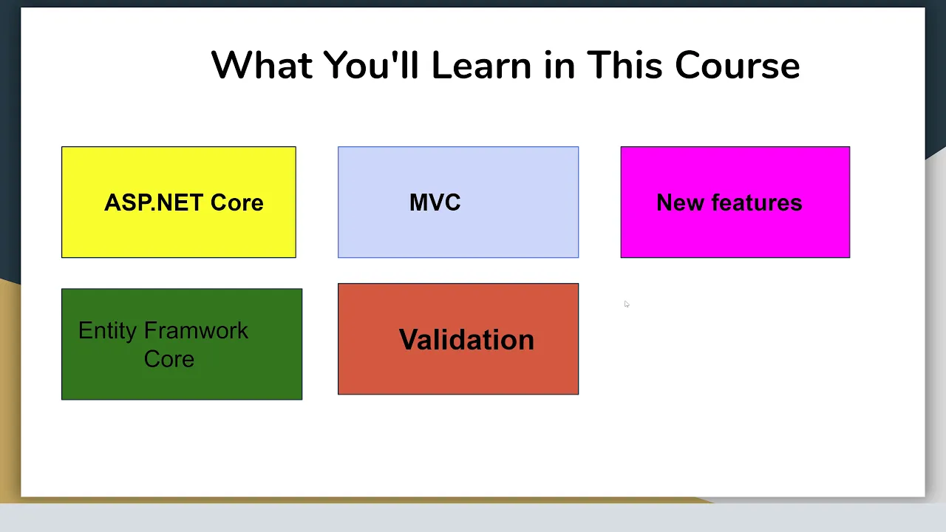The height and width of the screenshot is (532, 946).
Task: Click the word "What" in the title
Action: [262, 65]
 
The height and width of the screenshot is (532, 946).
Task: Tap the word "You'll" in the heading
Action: [371, 65]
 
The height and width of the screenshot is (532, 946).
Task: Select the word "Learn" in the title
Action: [481, 65]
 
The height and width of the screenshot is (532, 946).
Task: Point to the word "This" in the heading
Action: [625, 65]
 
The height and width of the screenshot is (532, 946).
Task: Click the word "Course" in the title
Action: [738, 66]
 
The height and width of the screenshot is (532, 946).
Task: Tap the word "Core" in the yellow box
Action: [237, 202]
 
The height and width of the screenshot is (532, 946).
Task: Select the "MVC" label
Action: [435, 202]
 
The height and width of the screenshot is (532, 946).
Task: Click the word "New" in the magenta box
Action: [681, 202]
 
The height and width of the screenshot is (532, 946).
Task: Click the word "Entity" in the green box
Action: [107, 330]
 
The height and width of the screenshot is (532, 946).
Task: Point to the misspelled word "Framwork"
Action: [196, 330]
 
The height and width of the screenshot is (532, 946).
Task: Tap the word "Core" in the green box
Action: [169, 359]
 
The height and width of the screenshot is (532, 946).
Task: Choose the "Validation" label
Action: [466, 339]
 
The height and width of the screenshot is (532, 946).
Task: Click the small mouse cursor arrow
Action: [627, 304]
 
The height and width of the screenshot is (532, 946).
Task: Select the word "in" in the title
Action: [559, 65]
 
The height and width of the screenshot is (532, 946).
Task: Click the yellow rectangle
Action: [179, 202]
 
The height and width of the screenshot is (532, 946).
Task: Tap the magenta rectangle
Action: [735, 202]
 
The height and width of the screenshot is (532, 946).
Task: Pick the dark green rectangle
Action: [182, 344]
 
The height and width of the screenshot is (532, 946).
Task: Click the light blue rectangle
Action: [458, 202]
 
